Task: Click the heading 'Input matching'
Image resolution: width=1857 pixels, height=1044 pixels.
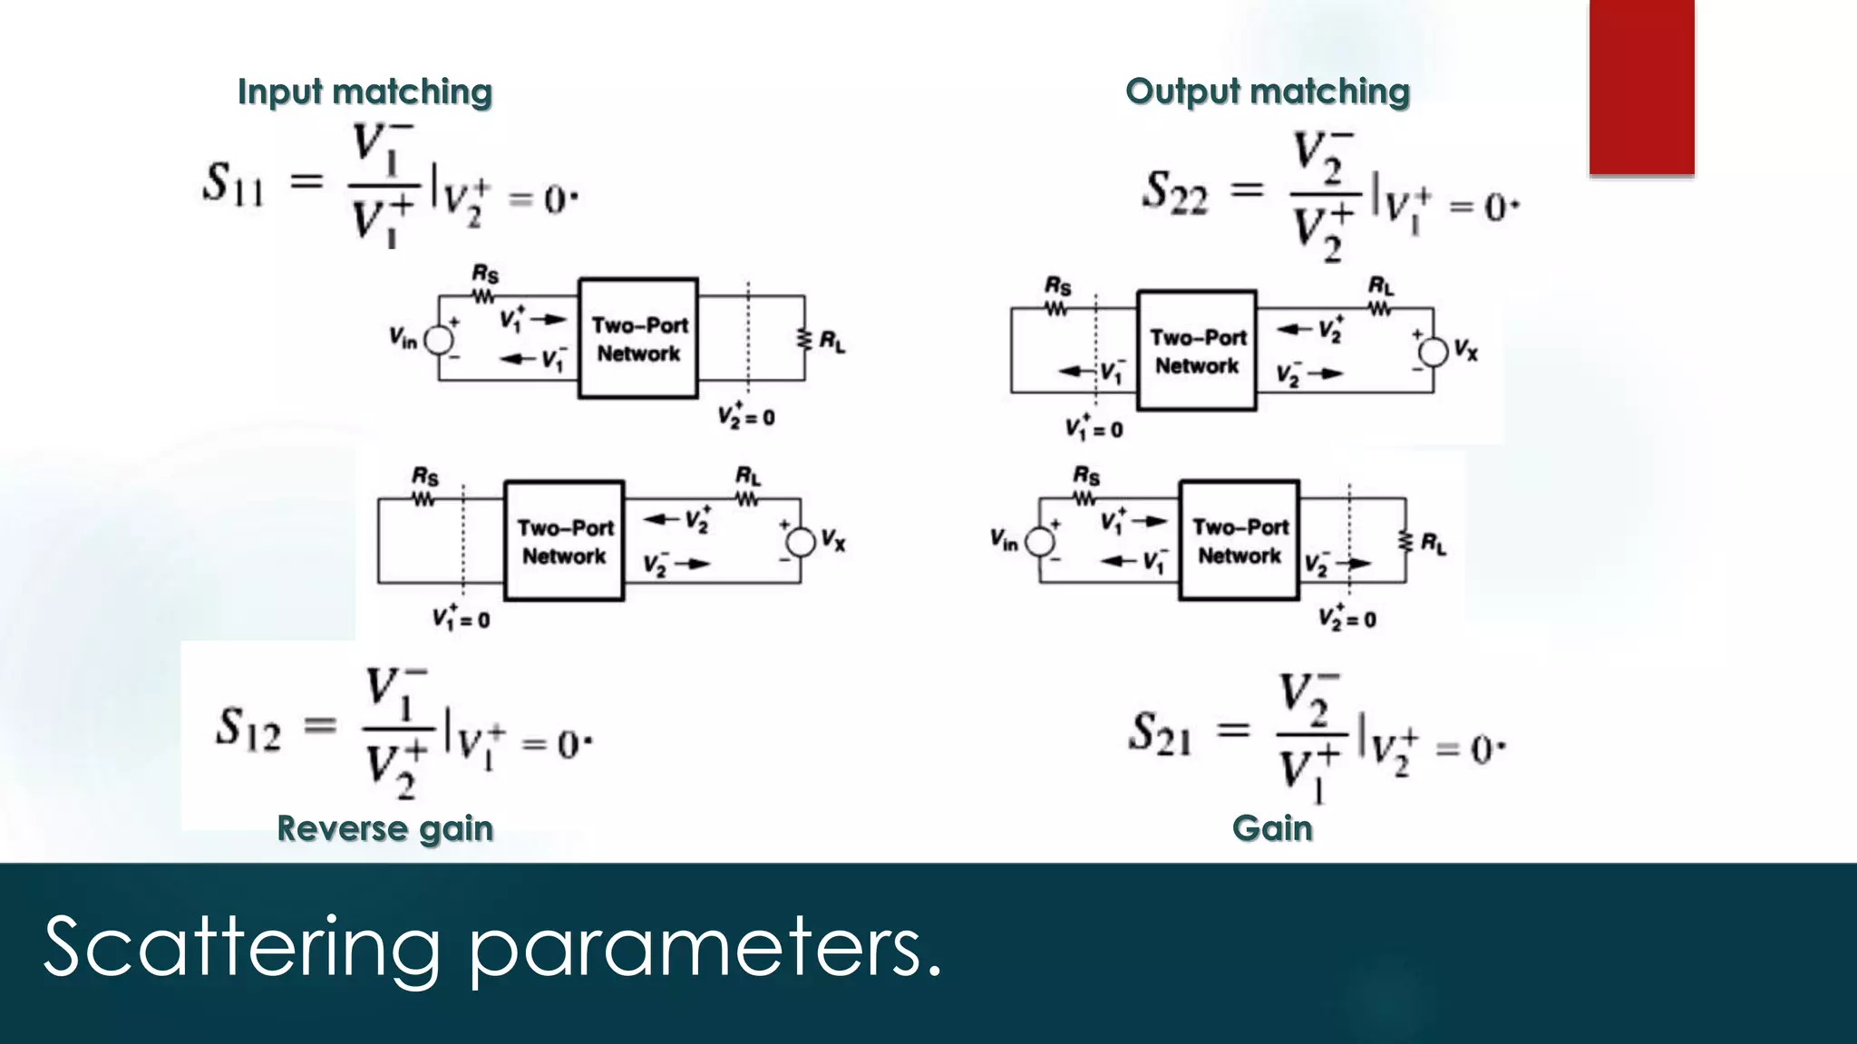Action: [365, 92]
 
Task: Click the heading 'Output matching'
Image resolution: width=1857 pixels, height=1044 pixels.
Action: [1268, 92]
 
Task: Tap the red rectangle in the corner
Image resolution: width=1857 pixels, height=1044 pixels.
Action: [1641, 87]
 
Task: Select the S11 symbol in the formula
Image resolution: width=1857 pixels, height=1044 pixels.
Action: [233, 183]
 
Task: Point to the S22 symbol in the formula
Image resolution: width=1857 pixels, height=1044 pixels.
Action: [1175, 192]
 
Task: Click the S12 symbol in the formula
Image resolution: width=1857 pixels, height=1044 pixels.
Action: [248, 729]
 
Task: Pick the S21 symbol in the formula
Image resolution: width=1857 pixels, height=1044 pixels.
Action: [1160, 733]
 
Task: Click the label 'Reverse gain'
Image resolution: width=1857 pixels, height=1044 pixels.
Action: [384, 828]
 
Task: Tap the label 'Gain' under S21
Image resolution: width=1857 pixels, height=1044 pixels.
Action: [1272, 828]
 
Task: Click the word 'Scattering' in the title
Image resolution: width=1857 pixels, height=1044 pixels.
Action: [241, 947]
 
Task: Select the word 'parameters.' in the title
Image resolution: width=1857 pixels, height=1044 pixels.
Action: [705, 947]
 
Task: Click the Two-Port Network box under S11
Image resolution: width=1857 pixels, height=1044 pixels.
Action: [638, 338]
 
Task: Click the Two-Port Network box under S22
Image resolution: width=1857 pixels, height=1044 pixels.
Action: [1197, 351]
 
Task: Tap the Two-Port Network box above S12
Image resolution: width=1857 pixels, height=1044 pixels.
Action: [564, 541]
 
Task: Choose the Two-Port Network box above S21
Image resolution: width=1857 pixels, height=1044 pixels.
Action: [1240, 540]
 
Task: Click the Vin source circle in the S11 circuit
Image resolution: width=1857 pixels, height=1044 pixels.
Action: [439, 340]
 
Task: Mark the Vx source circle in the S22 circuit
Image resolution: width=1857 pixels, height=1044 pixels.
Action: [1434, 352]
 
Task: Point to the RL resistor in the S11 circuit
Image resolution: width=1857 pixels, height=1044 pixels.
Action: [803, 340]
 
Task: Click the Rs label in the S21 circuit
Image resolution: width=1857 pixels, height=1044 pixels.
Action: [1086, 475]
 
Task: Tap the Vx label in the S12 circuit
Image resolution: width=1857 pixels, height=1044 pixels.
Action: [833, 541]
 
